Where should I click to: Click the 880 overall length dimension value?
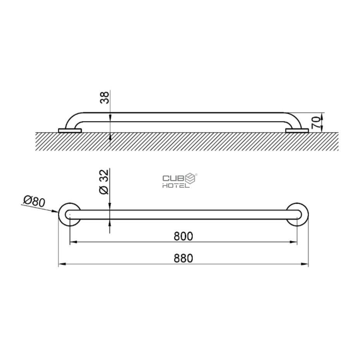(x=183, y=258)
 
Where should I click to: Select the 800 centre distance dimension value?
(x=183, y=236)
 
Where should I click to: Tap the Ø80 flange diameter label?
(x=34, y=202)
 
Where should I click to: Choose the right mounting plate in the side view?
(x=297, y=131)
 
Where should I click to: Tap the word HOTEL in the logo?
(x=175, y=185)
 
